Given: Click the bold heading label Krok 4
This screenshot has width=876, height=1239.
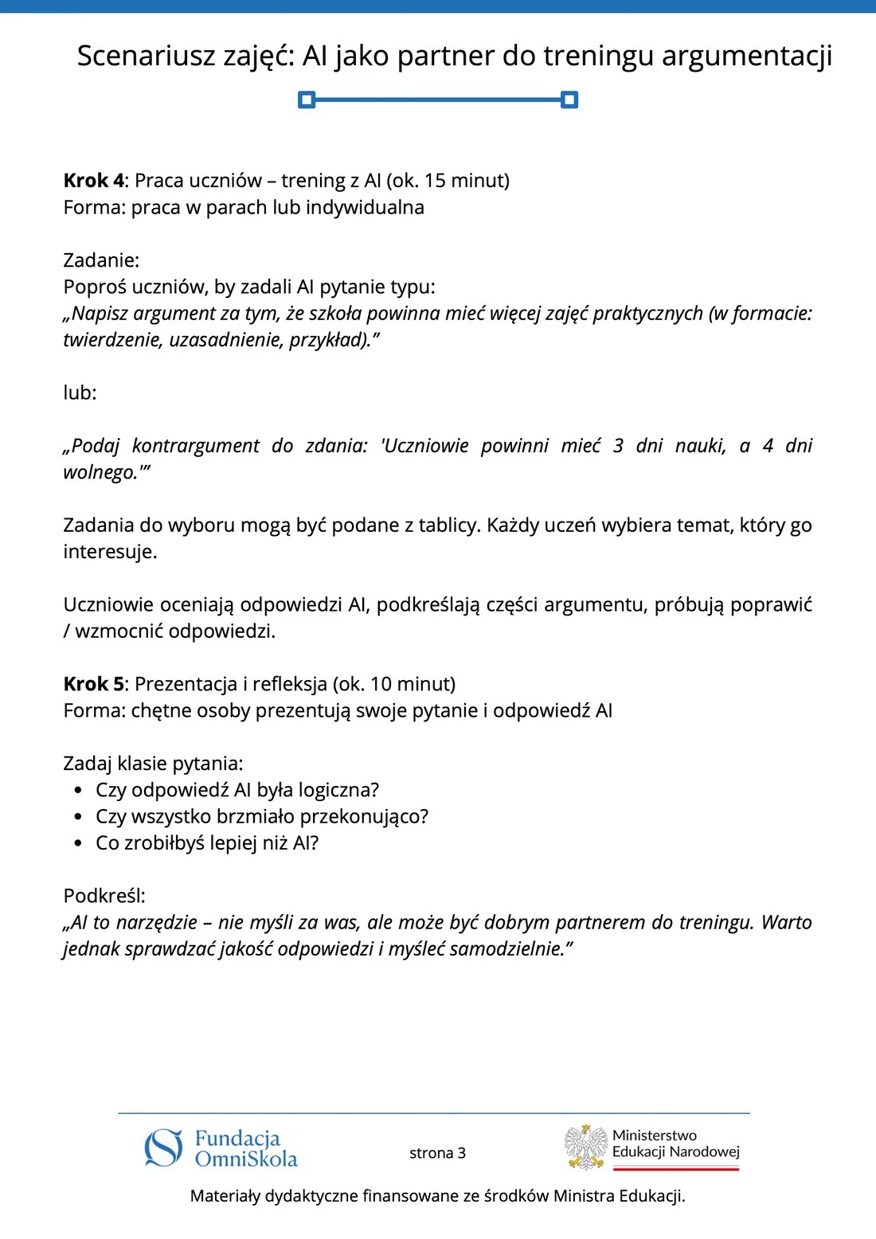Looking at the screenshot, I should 93,181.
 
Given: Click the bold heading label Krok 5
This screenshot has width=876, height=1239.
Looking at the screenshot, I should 93,684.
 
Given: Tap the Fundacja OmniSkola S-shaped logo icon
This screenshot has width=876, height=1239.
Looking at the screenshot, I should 163,1148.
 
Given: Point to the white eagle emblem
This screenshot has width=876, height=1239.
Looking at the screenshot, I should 586,1147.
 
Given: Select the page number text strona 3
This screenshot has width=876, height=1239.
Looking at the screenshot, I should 437,1153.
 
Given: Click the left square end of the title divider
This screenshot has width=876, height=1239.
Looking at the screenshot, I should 307,100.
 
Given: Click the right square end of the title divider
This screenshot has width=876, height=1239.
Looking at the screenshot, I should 569,100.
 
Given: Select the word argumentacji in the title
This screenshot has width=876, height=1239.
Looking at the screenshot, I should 746,56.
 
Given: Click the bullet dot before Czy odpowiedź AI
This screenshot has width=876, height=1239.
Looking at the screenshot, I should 78,791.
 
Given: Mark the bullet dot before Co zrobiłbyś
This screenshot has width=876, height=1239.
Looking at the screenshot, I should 78,843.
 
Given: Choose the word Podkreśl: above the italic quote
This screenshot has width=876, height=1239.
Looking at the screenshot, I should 104,896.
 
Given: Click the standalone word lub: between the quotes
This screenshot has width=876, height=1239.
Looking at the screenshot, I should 80,393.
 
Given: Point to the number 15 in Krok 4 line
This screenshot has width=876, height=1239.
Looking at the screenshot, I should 435,181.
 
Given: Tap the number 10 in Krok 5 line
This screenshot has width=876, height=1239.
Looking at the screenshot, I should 381,684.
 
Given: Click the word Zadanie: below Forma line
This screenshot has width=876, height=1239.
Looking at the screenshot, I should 101,260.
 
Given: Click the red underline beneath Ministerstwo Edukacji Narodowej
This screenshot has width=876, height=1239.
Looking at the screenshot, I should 676,1168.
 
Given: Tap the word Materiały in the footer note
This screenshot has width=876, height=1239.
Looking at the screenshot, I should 225,1196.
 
